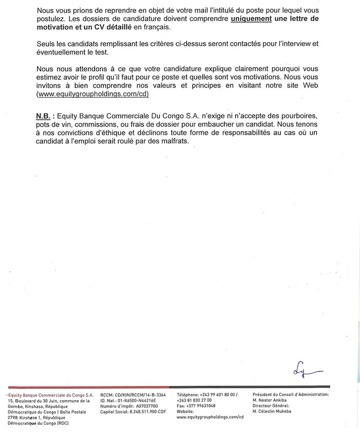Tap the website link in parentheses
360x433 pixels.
(93, 95)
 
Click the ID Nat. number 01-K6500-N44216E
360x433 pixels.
(136, 400)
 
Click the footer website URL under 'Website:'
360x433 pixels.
(209, 417)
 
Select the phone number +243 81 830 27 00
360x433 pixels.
(194, 400)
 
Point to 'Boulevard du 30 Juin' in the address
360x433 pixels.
(39, 400)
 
